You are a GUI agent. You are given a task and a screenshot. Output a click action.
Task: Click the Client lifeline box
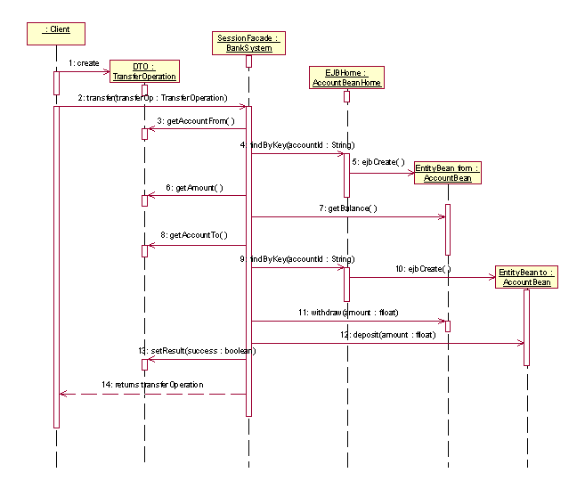coord(56,34)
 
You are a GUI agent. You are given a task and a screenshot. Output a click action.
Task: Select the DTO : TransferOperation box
coord(144,71)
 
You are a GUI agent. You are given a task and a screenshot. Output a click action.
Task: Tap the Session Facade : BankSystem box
coord(249,43)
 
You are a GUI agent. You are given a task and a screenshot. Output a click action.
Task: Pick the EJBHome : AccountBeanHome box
coord(345,77)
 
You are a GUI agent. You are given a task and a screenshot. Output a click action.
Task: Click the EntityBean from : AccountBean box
coord(447,172)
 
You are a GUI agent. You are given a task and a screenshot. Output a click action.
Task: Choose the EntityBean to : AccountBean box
coord(526,277)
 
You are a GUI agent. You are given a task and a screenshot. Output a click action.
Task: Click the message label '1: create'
coord(83,63)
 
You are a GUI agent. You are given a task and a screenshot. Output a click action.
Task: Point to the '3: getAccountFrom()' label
coord(196,120)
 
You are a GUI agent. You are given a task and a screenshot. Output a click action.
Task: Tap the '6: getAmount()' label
coord(193,188)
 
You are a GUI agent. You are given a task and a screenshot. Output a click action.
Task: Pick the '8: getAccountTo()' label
coord(193,235)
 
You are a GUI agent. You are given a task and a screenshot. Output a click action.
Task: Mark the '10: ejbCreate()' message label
coord(423,268)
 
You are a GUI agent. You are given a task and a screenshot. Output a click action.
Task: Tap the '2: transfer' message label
coord(151,97)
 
